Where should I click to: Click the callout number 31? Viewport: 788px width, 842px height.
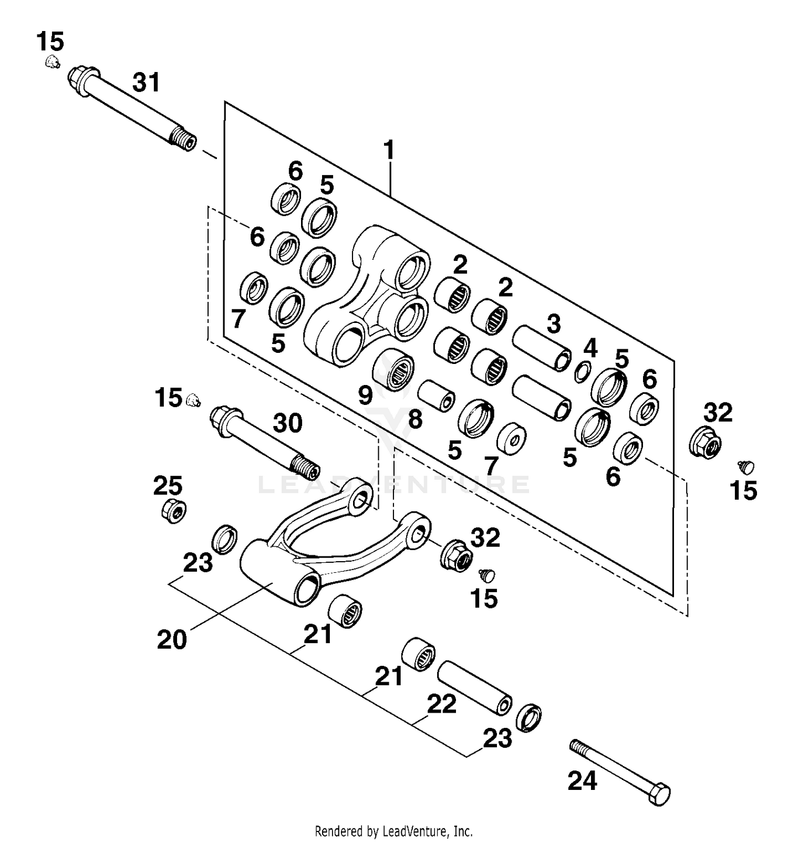coord(146,83)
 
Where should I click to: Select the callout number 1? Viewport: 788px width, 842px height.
coord(389,150)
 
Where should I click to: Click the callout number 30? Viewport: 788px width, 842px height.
coord(287,423)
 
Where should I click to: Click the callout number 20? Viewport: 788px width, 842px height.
coord(172,640)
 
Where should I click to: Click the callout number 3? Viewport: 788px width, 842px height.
coord(553,324)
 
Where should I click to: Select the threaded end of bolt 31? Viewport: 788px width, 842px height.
coord(184,139)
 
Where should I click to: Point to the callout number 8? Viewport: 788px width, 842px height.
coord(415,419)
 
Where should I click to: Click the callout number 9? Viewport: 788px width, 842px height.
coord(366,394)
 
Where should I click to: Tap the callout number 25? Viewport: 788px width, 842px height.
coord(168,485)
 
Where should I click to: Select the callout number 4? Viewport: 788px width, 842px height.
coord(590,348)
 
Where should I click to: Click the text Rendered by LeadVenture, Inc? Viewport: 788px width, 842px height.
coord(393,831)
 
